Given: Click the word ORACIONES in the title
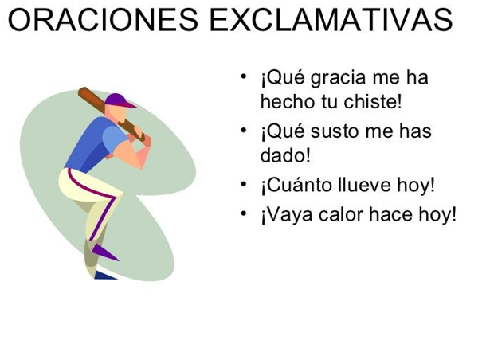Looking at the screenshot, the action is (x=103, y=20).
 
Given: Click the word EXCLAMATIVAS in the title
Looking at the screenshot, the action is (x=331, y=20).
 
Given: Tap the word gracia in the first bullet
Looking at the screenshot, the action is (x=338, y=79).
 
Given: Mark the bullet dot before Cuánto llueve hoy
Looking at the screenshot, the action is (x=244, y=184).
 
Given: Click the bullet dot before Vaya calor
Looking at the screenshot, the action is (x=244, y=213).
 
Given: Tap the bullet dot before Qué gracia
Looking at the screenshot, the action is (x=244, y=76).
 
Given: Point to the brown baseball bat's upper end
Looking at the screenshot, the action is (x=83, y=91).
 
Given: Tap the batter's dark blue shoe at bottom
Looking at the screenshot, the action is (x=105, y=275).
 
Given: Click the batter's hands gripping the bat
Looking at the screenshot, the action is (x=140, y=137).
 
